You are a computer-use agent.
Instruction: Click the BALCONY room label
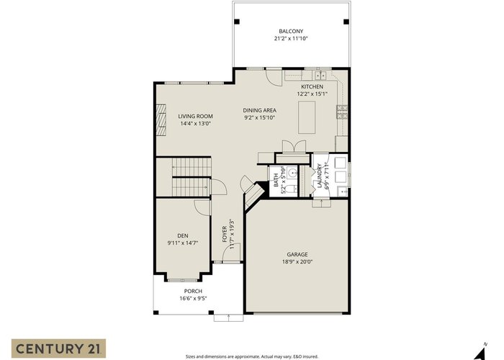291,31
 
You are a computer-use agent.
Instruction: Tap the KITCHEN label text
312,86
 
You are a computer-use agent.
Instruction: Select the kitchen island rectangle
307,117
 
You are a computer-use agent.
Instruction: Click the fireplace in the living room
161,120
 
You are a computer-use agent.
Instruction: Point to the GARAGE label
297,254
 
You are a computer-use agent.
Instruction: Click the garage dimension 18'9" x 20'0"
297,261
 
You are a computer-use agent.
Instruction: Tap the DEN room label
183,235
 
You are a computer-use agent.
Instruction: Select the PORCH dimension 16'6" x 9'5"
193,298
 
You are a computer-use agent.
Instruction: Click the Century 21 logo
58,348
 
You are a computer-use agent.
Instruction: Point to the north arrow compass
480,352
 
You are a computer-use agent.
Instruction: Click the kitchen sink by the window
320,76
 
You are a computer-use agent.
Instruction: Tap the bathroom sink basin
292,173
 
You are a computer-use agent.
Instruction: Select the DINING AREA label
259,110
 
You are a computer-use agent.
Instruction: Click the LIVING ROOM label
195,116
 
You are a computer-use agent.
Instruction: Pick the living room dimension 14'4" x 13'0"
195,123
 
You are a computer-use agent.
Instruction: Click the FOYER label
225,234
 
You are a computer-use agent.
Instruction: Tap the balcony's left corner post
237,22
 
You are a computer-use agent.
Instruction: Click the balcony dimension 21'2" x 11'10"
291,39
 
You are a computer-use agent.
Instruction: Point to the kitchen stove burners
342,112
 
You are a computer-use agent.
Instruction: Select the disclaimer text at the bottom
252,356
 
